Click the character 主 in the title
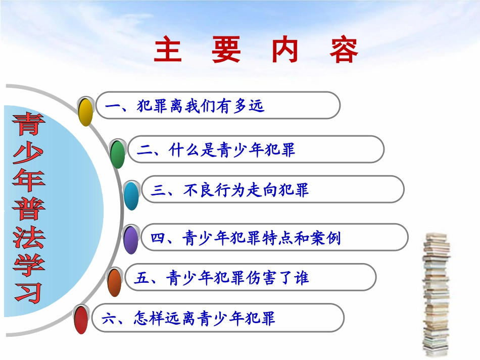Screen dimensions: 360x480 pyautogui.click(x=168, y=49)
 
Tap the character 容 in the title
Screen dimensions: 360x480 pyautogui.click(x=345, y=49)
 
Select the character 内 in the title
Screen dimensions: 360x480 pyautogui.click(x=285, y=49)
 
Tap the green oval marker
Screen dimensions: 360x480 pyautogui.click(x=118, y=154)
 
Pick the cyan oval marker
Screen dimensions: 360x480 pyautogui.click(x=131, y=196)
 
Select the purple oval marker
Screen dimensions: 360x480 pyautogui.click(x=131, y=240)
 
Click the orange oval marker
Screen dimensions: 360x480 pyautogui.click(x=115, y=282)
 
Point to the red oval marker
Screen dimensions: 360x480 pyautogui.click(x=81, y=320)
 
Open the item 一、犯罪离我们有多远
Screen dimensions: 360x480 pyautogui.click(x=218, y=106)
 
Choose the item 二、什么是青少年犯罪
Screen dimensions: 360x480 pyautogui.click(x=256, y=149)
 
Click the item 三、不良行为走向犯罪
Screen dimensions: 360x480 pyautogui.click(x=272, y=190)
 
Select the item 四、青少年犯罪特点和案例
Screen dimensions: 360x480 pyautogui.click(x=273, y=237)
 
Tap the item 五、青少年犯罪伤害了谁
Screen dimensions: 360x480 pyautogui.click(x=250, y=277)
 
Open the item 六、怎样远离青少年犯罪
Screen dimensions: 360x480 pyautogui.click(x=217, y=318)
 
